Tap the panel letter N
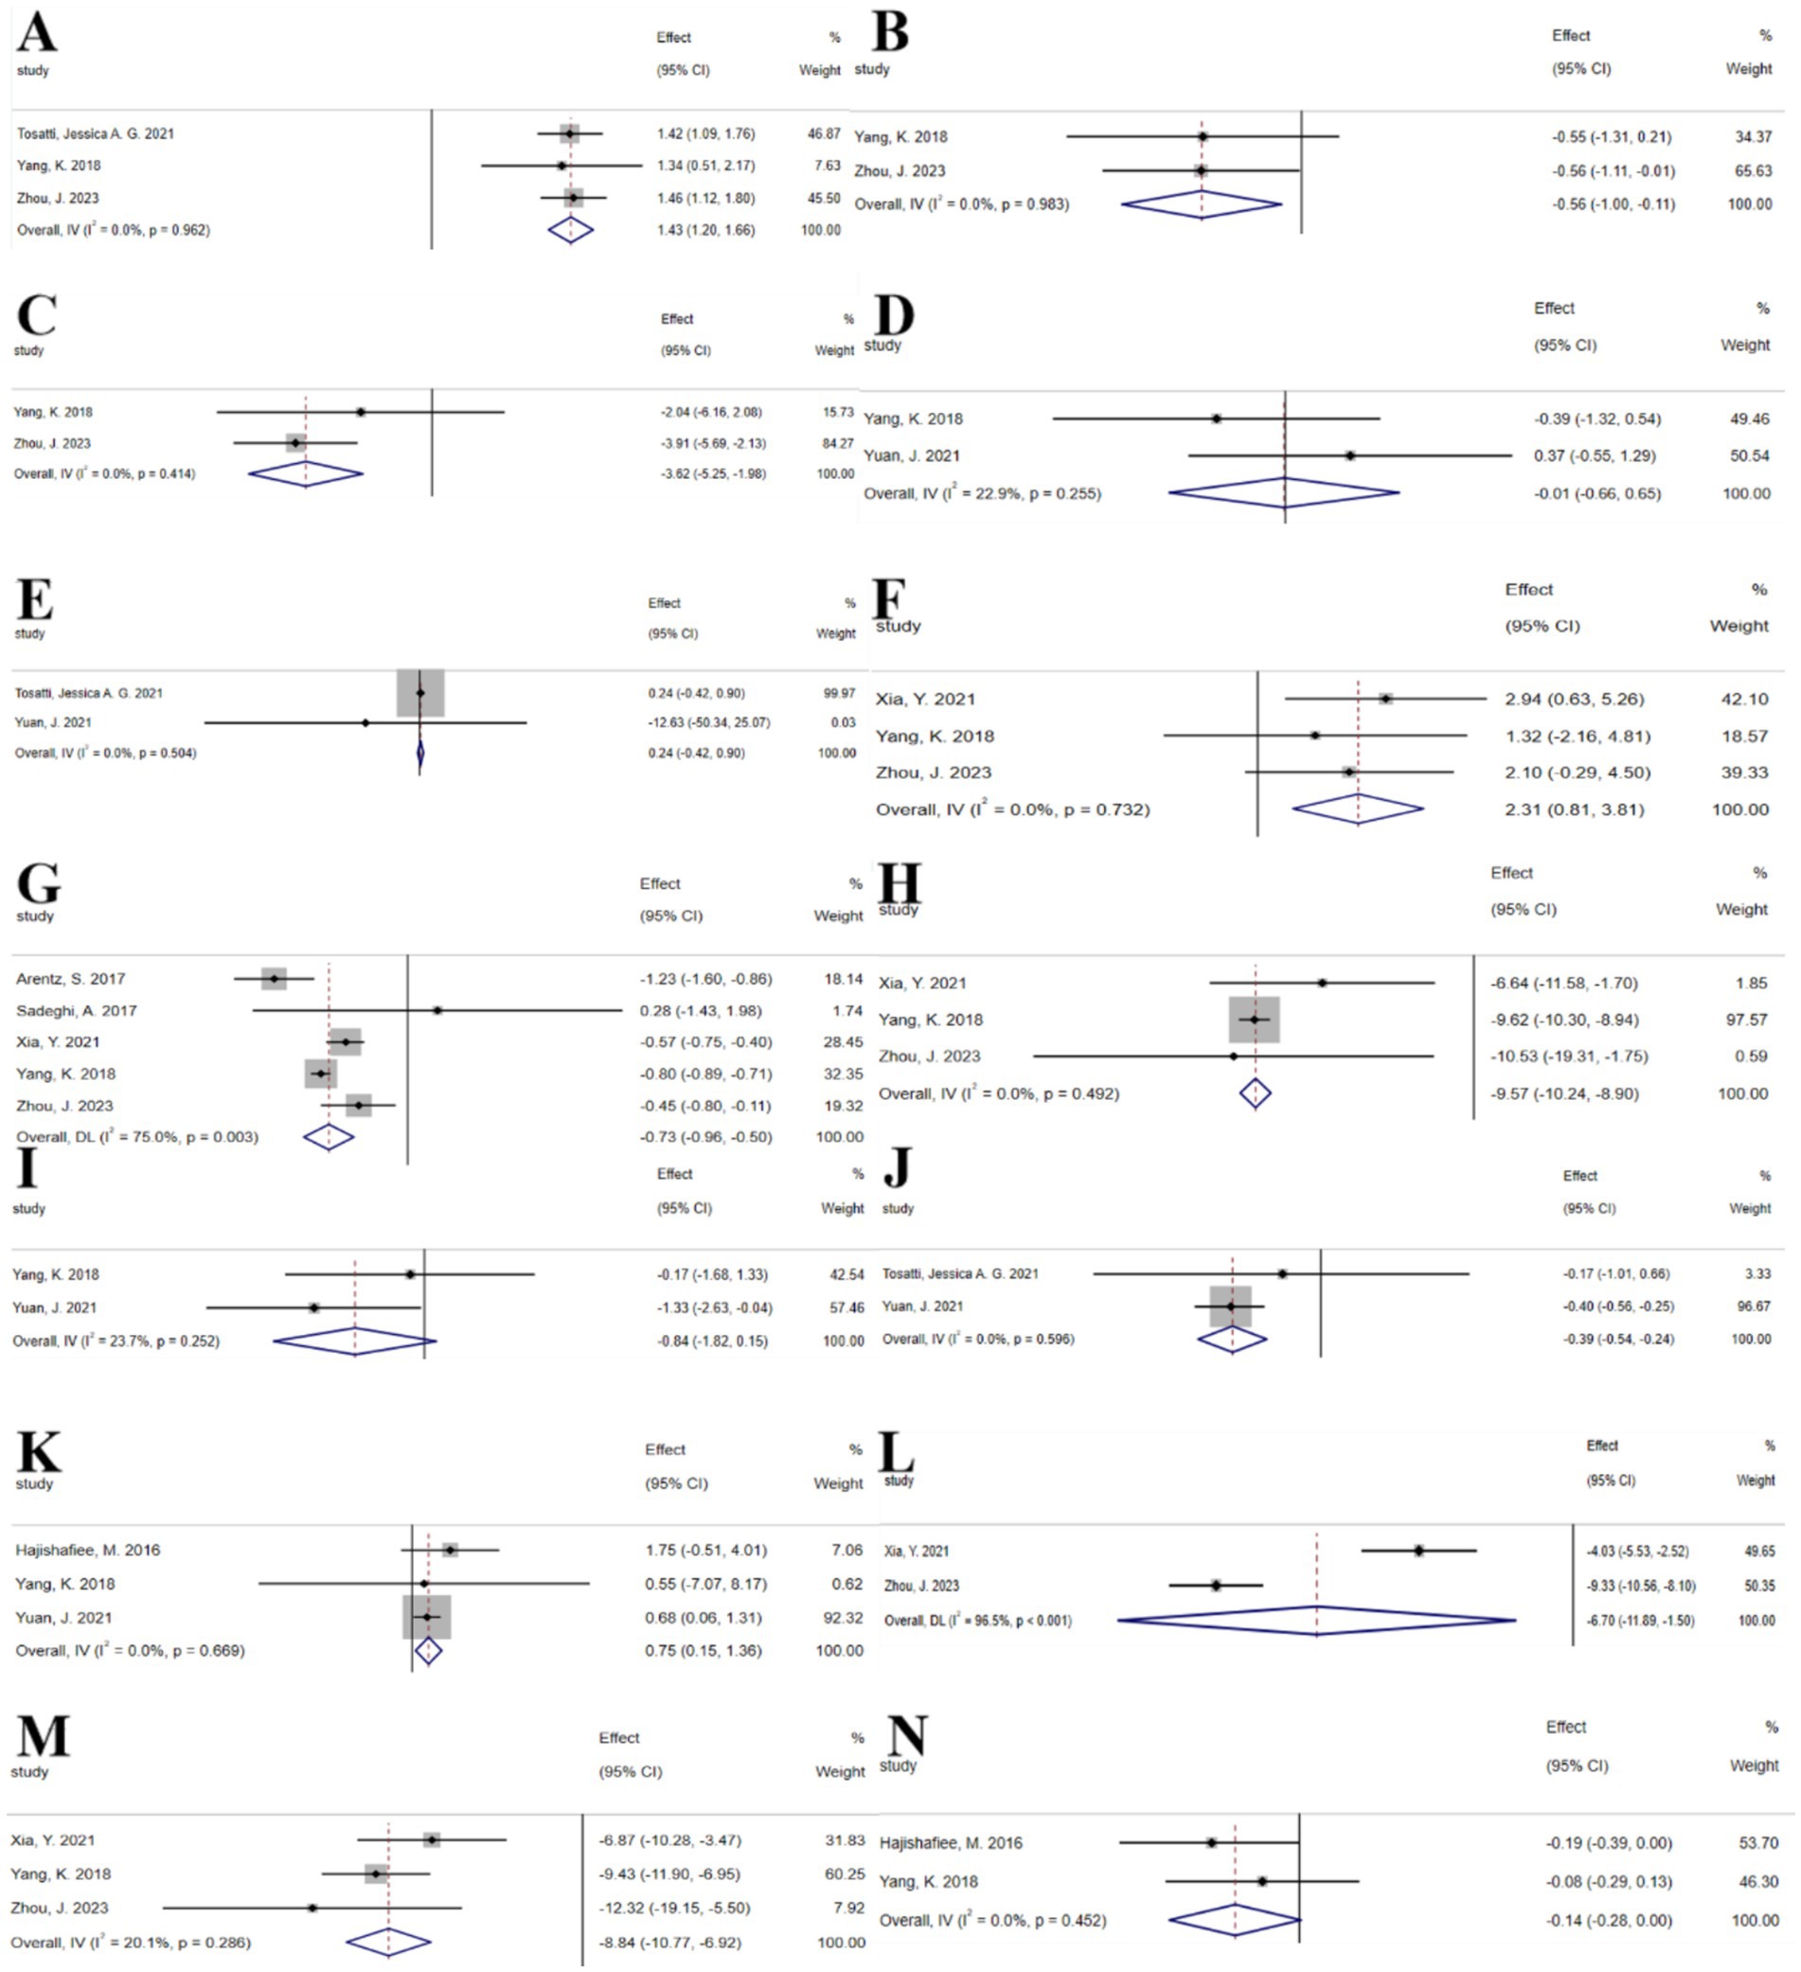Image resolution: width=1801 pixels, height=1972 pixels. (905, 1735)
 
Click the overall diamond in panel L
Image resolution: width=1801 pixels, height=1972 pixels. (1316, 1621)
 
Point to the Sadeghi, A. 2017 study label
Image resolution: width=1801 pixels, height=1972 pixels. (77, 1010)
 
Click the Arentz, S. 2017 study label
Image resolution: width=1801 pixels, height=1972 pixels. (70, 978)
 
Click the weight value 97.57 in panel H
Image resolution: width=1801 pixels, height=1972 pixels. (1745, 1020)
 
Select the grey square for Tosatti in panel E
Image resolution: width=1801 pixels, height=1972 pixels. (419, 693)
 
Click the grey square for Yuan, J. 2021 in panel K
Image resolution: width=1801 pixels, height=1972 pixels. (426, 1617)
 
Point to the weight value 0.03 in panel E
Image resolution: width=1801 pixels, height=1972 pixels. (843, 723)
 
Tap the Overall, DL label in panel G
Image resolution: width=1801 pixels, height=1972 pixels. (137, 1137)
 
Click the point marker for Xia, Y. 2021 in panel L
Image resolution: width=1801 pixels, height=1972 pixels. (1418, 1551)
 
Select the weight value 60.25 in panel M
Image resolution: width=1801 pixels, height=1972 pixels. (846, 1874)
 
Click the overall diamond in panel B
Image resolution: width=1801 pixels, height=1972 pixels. (1202, 204)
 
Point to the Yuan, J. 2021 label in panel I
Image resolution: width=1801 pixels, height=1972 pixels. (55, 1307)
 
